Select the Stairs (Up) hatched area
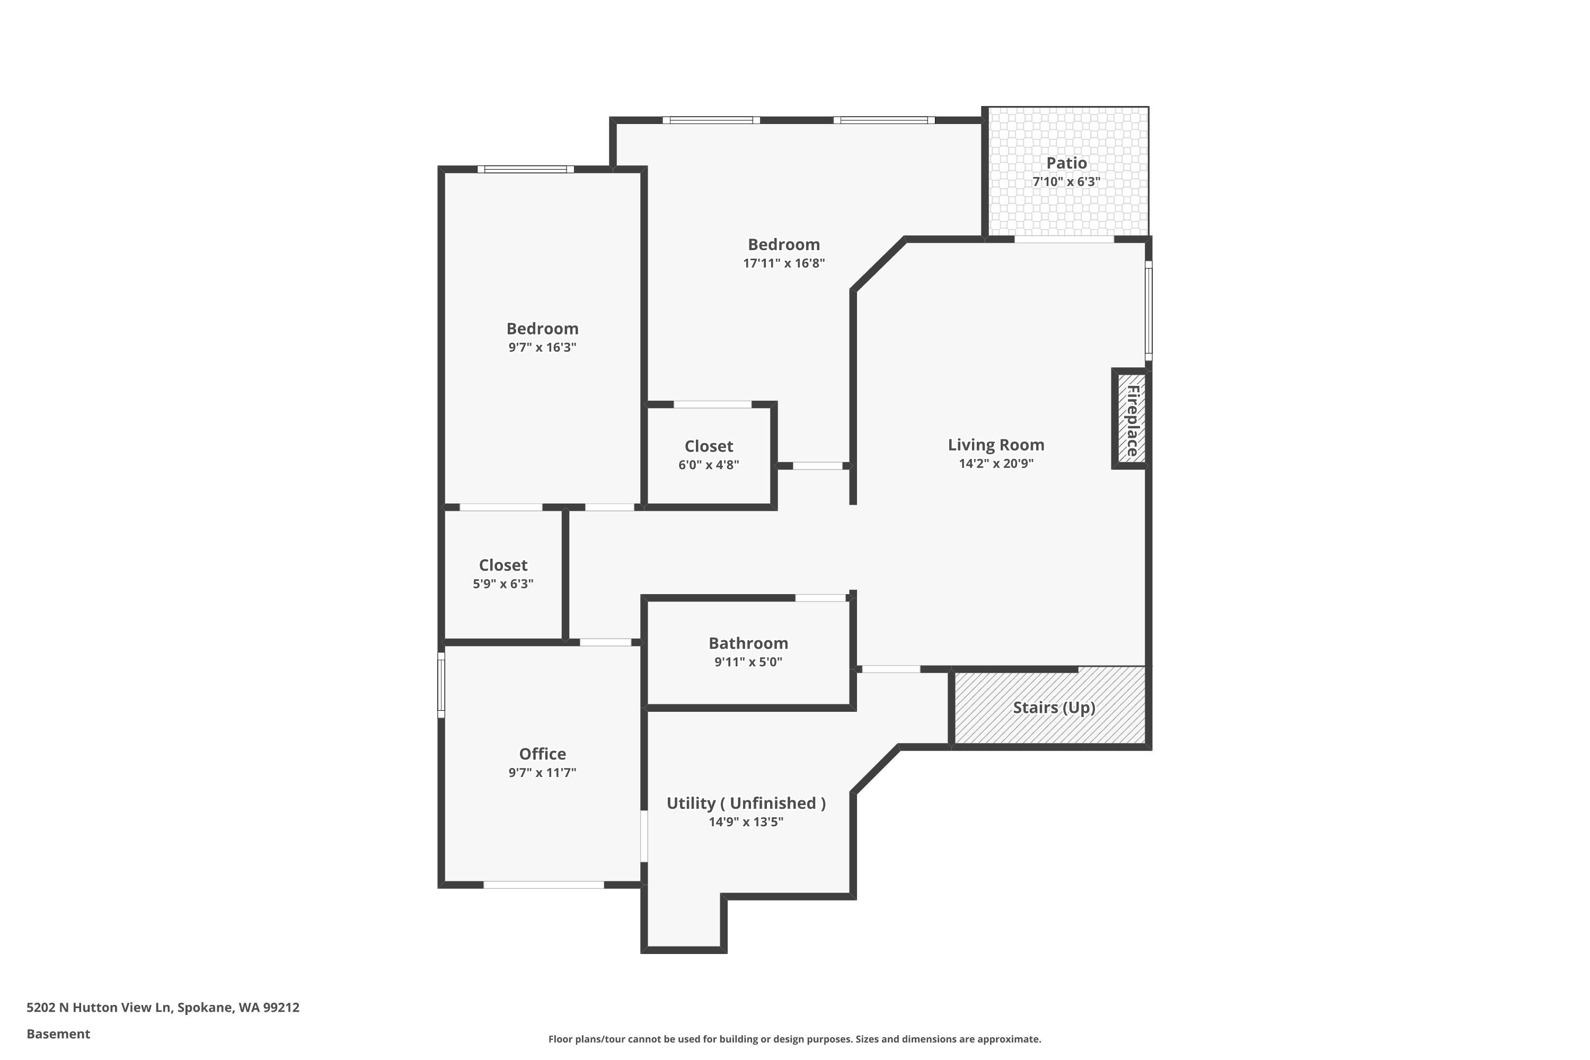click(1049, 707)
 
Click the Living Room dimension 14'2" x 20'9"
click(996, 463)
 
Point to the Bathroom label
click(748, 643)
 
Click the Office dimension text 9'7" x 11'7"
click(542, 772)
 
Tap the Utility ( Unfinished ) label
click(746, 802)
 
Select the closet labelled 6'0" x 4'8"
click(709, 454)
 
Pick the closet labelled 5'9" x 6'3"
click(503, 573)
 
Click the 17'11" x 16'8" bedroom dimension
click(783, 263)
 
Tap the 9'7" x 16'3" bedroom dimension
click(542, 347)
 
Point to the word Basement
click(58, 1033)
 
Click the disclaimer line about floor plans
click(794, 1039)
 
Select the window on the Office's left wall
click(441, 684)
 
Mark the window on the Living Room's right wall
click(1148, 311)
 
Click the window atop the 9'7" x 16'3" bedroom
click(525, 169)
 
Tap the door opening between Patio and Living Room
click(1064, 240)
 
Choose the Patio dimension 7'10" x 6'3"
click(1066, 181)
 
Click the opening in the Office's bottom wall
click(544, 884)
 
